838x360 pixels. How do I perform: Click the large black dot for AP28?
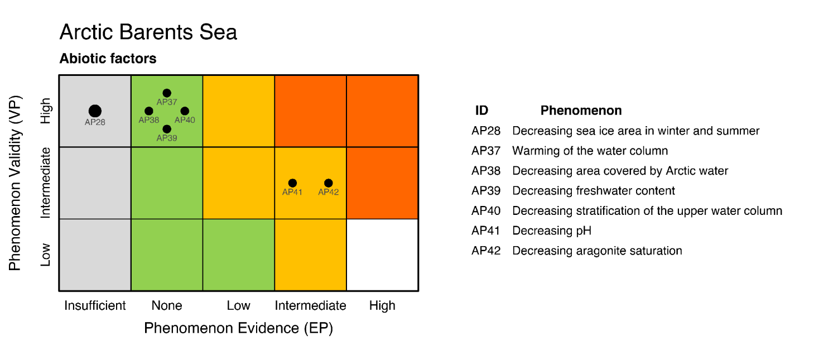click(x=95, y=111)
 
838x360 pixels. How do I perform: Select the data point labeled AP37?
click(x=167, y=93)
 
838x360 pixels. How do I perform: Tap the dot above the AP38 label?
click(x=149, y=111)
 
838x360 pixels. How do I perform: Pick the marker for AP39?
click(x=167, y=129)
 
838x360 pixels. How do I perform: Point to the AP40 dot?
click(x=185, y=111)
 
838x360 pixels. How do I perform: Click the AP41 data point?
click(x=292, y=183)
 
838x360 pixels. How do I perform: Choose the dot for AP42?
click(x=328, y=183)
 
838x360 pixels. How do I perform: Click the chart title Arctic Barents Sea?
click(x=148, y=32)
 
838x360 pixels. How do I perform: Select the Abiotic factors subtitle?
click(x=108, y=59)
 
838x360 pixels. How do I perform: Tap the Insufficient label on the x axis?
click(x=95, y=306)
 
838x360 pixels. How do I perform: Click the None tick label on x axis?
click(x=167, y=306)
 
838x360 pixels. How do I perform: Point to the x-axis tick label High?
click(x=382, y=306)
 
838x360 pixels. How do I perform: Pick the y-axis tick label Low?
click(x=46, y=255)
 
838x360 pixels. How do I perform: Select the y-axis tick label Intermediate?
click(x=46, y=183)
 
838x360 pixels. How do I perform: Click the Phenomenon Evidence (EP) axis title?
click(x=238, y=328)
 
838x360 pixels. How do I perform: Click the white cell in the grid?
click(x=382, y=255)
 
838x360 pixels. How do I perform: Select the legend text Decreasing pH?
click(x=551, y=231)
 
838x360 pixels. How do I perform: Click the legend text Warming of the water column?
click(x=590, y=151)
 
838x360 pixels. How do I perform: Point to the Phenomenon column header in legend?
click(x=581, y=111)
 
